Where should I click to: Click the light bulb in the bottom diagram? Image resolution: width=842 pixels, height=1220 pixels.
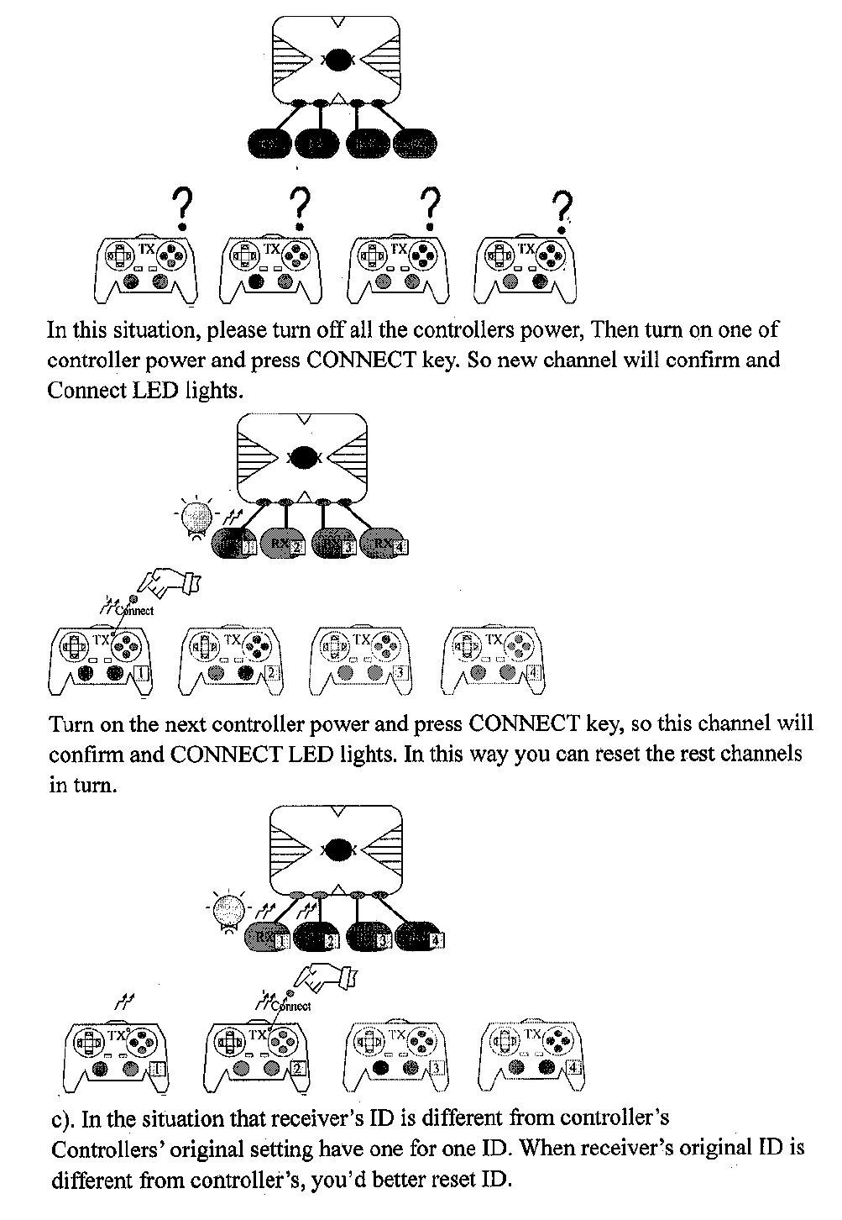coord(227,912)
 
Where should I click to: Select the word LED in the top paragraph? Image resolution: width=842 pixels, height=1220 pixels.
coord(160,391)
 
